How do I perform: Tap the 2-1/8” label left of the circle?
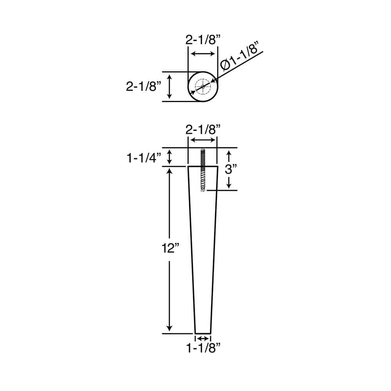tap(143, 86)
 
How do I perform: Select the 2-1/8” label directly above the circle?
tap(203, 40)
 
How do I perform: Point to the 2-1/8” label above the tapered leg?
tap(203, 129)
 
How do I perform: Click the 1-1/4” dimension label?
tap(143, 158)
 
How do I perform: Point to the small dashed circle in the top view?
tap(203, 86)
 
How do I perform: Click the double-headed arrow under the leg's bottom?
tap(203, 338)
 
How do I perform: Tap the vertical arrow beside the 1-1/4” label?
tap(170, 157)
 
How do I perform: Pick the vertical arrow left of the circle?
tap(170, 86)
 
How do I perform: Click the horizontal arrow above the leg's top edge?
tap(203, 141)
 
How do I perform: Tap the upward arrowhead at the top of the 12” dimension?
tap(170, 172)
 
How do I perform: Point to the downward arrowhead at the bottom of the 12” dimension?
tap(170, 328)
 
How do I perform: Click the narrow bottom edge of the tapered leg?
tap(203, 333)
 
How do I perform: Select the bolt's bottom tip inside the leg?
tap(203, 190)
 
